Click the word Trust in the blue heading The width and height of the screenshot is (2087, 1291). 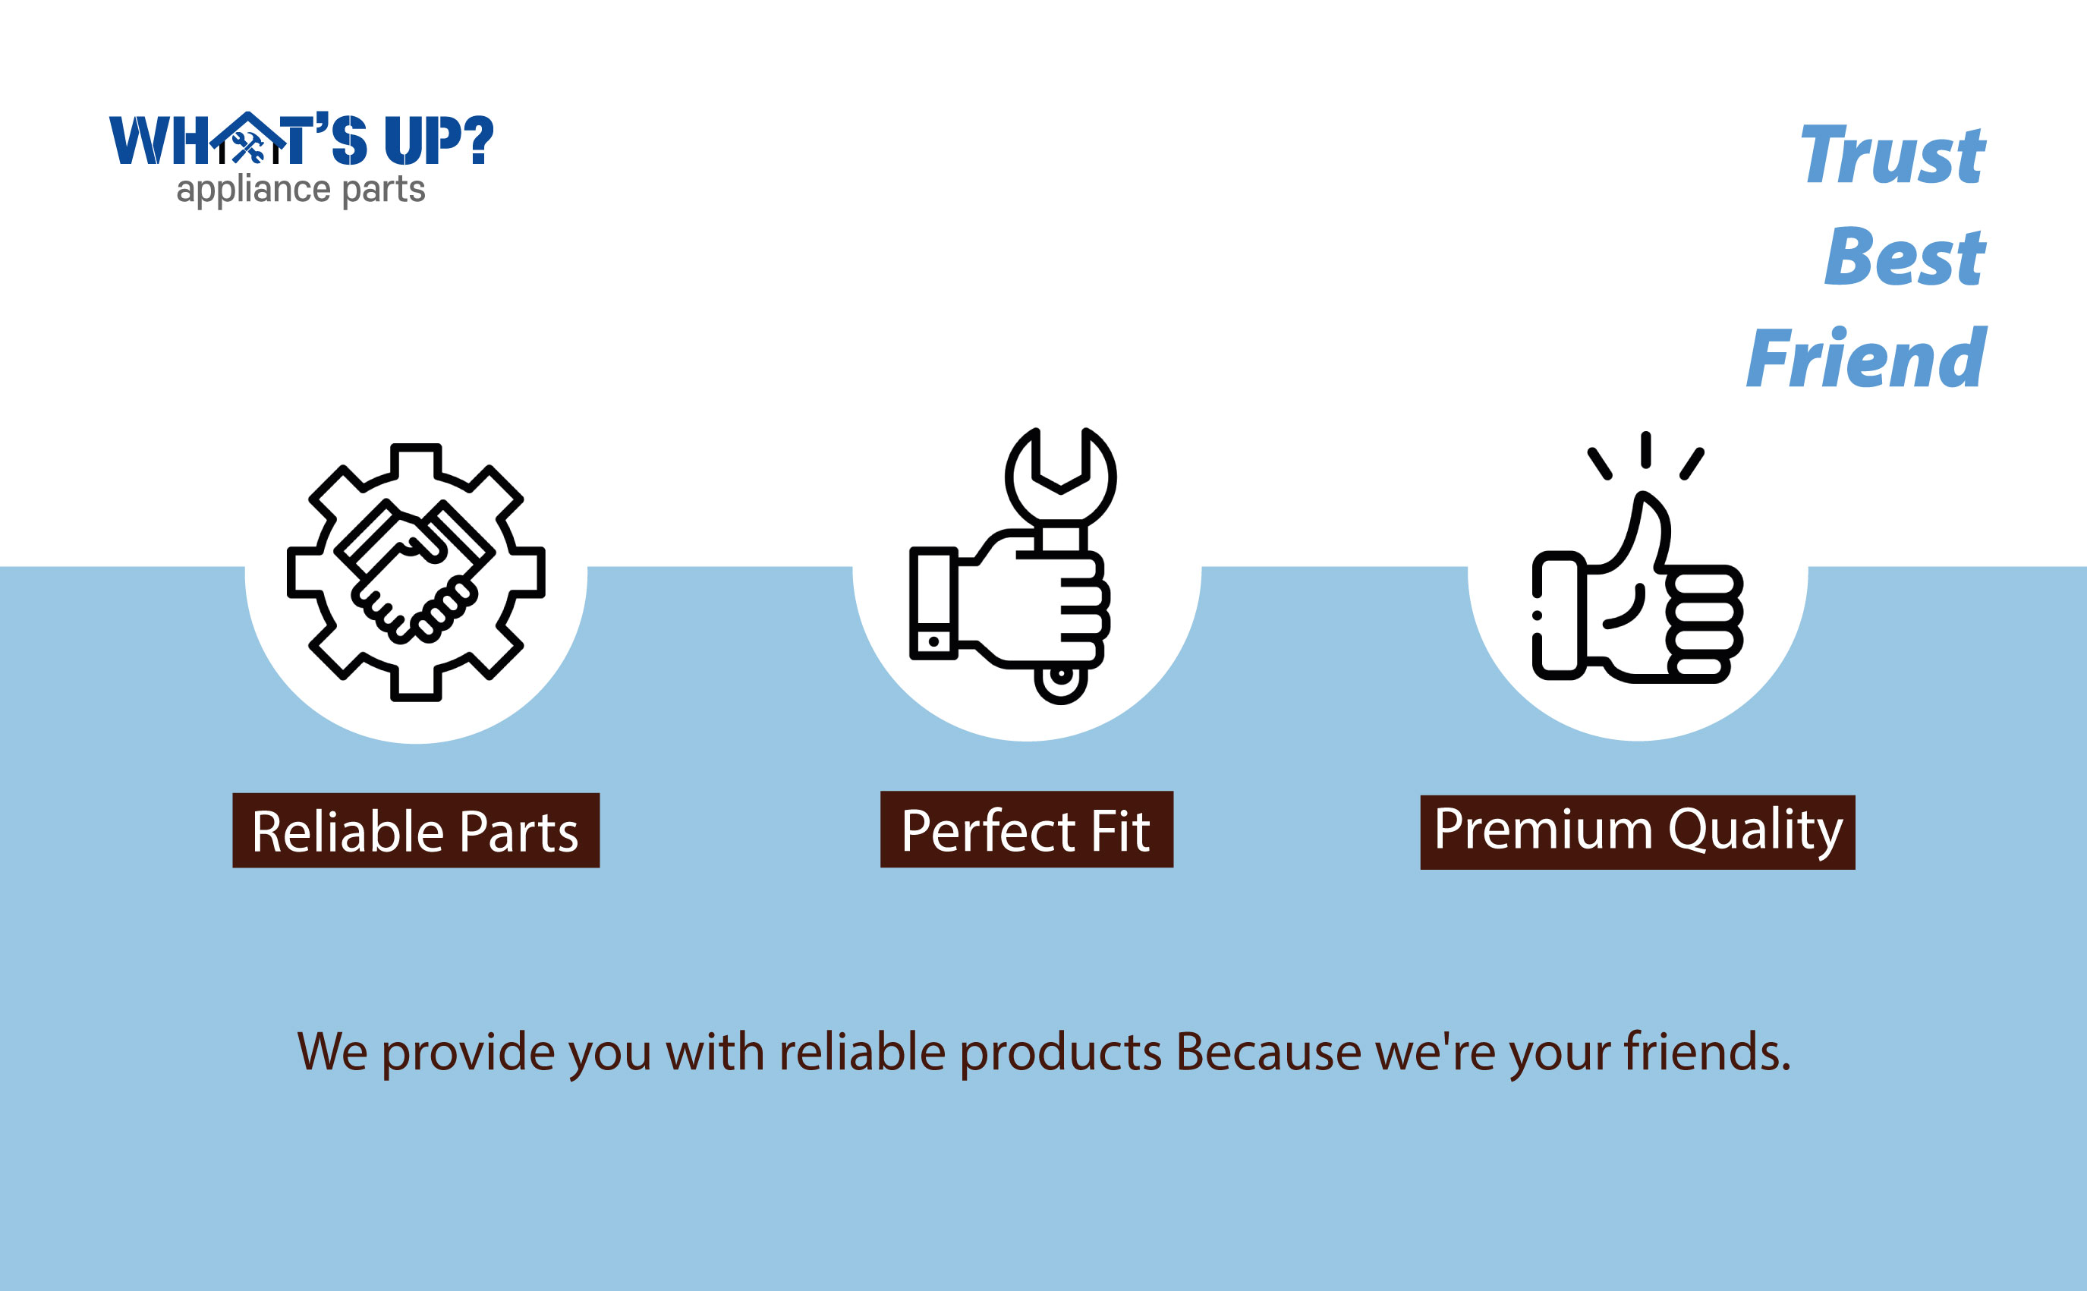click(x=1893, y=155)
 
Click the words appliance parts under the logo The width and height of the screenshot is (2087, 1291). click(x=301, y=190)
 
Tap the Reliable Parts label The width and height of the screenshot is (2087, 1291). click(x=416, y=831)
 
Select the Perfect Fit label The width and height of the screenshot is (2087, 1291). click(x=1027, y=830)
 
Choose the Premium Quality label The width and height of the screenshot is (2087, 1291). click(x=1637, y=833)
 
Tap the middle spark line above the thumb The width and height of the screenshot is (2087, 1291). click(x=1646, y=450)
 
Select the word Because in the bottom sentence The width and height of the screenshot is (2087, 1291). click(x=1268, y=1052)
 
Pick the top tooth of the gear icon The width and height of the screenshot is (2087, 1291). click(x=416, y=462)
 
